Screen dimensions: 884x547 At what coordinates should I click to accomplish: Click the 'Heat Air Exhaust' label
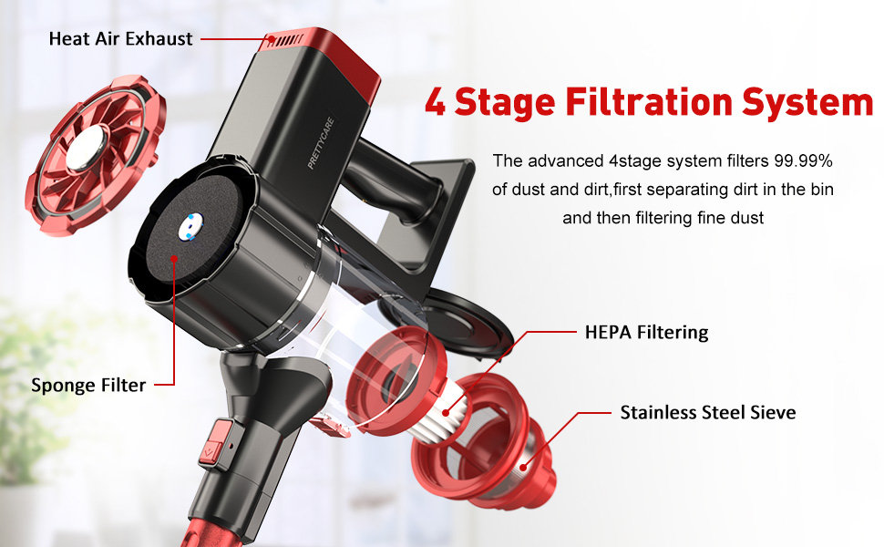(120, 39)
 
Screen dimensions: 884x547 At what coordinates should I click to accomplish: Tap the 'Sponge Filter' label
(88, 385)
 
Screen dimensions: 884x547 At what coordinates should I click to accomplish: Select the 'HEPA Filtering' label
(647, 332)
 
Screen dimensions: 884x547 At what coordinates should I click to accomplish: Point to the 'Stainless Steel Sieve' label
(708, 412)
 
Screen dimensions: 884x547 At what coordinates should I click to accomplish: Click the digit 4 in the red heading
(435, 102)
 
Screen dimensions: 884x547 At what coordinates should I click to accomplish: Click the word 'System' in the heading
(807, 103)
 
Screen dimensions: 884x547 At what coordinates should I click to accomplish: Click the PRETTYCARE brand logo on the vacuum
(321, 143)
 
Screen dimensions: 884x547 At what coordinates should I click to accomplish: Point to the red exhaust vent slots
(285, 40)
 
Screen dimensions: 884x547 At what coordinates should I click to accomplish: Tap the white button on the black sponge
(190, 227)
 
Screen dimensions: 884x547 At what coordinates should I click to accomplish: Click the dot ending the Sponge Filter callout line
(174, 259)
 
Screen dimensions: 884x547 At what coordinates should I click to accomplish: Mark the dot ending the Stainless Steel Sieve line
(523, 467)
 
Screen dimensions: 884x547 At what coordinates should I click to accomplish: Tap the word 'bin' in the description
(821, 190)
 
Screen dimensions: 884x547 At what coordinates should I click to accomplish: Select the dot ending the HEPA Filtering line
(446, 413)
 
